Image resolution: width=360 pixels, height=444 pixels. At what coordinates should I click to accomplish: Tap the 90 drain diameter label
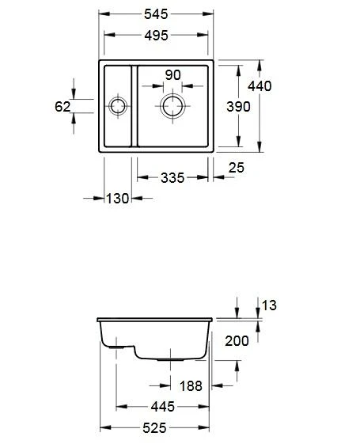(x=172, y=75)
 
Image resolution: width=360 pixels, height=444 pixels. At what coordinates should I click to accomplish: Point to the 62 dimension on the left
(x=63, y=106)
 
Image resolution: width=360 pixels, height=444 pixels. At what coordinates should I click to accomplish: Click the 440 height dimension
(x=260, y=86)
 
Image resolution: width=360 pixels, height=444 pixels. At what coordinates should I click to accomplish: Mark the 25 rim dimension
(x=236, y=168)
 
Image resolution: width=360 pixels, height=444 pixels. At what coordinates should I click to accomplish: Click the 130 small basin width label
(x=117, y=198)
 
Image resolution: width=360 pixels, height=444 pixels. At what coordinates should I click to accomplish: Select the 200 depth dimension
(x=237, y=341)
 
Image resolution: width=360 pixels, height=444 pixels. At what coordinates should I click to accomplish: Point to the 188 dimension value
(x=190, y=386)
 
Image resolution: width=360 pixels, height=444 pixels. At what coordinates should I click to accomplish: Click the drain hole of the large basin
(x=172, y=105)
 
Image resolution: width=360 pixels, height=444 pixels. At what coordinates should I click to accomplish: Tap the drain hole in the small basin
(x=118, y=106)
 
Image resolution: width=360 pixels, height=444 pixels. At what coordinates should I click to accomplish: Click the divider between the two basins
(x=135, y=107)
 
